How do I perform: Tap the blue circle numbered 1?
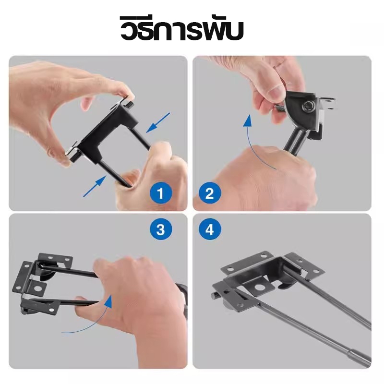161,193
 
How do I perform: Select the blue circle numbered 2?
209,193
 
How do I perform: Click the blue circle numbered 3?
161,230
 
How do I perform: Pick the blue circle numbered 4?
209,230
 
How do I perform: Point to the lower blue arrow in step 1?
95,186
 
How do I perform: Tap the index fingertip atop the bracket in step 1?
126,91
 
